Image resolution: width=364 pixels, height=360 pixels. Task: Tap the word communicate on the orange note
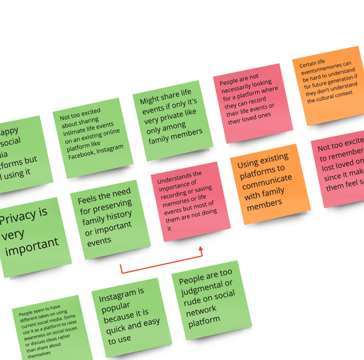pos(267,180)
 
